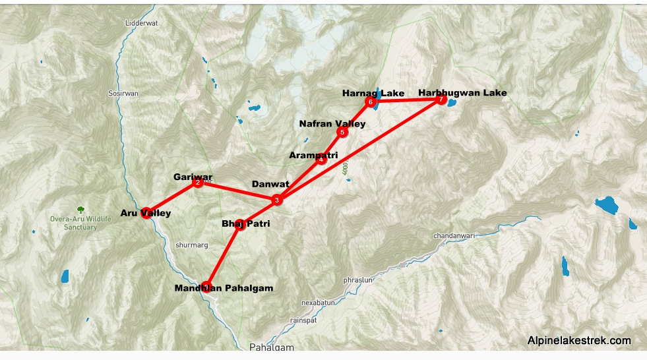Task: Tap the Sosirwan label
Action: pyautogui.click(x=123, y=94)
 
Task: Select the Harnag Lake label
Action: pyautogui.click(x=373, y=93)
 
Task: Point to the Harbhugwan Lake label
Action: pyautogui.click(x=462, y=93)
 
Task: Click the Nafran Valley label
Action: pyautogui.click(x=332, y=123)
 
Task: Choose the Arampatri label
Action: pyautogui.click(x=313, y=156)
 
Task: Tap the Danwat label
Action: pyautogui.click(x=270, y=184)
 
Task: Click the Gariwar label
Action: pyautogui.click(x=193, y=177)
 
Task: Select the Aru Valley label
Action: pyautogui.click(x=146, y=213)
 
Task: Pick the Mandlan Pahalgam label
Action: pyautogui.click(x=224, y=288)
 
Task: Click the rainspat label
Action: pyautogui.click(x=304, y=320)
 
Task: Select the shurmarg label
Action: pyautogui.click(x=192, y=245)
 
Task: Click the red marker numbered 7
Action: pyautogui.click(x=441, y=100)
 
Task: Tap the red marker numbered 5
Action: pyautogui.click(x=342, y=133)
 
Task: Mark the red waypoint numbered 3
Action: pyautogui.click(x=277, y=200)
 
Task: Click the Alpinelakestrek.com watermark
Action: pyautogui.click(x=579, y=341)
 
